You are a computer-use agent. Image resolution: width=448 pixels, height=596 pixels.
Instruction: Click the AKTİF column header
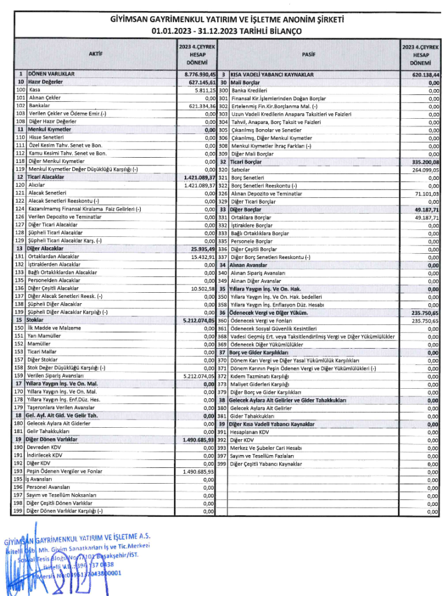click(x=96, y=53)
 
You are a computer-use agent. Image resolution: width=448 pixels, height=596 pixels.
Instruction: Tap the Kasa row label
click(x=34, y=91)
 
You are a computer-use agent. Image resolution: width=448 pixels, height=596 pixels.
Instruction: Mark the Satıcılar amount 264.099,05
click(x=426, y=170)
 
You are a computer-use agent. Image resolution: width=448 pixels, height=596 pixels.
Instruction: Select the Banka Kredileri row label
click(x=249, y=91)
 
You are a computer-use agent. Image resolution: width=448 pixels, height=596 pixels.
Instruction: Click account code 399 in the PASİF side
click(x=222, y=464)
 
